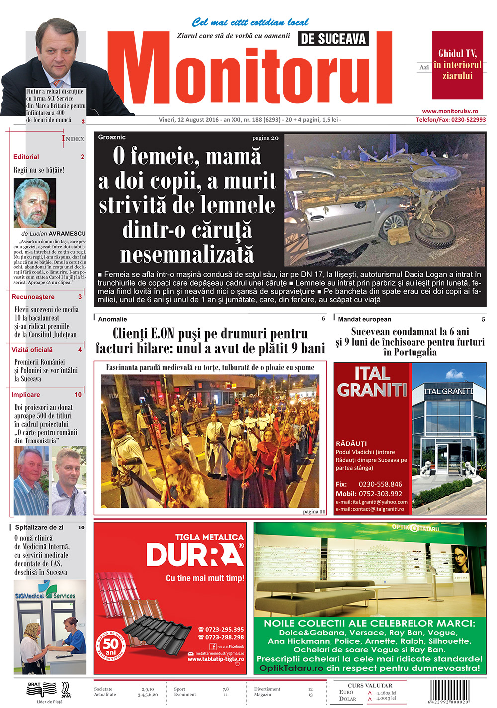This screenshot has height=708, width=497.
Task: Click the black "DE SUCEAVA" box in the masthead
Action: coord(333,39)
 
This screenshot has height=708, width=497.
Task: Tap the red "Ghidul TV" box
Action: coord(457,65)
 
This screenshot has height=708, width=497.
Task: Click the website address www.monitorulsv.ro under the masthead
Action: coord(450,111)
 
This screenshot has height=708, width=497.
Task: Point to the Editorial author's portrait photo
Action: coord(35,203)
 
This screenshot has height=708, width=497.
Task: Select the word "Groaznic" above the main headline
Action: coord(112,137)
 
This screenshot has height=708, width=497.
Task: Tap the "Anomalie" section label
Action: coord(112,319)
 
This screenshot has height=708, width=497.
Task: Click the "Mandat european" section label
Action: coord(364,319)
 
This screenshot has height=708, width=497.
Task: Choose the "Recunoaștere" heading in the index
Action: coord(33,297)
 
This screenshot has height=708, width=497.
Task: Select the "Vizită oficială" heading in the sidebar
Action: coord(32,350)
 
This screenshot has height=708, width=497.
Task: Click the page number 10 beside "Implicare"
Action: coord(78,395)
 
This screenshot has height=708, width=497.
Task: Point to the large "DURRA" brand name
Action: coord(195,555)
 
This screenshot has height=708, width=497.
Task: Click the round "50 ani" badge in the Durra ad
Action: coord(110,646)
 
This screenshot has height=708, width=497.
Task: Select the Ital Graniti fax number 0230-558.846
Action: coord(380,484)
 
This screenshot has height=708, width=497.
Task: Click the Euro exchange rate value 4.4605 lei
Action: coord(386,693)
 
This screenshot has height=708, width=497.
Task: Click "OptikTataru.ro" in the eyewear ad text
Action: coord(291,668)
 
